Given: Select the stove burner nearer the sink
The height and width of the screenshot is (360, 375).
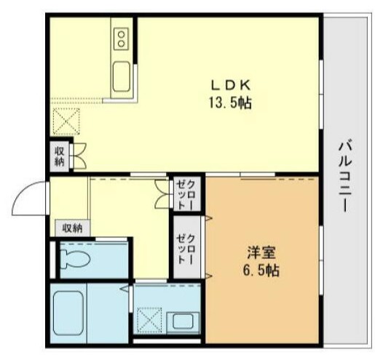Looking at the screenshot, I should (x=121, y=43).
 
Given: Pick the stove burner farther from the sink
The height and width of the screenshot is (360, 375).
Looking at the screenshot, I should (x=121, y=33).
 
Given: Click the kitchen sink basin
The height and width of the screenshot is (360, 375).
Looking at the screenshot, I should (x=121, y=75).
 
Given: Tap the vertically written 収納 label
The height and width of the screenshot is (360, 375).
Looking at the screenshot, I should (x=59, y=156).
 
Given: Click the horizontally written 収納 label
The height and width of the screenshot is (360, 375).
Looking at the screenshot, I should (x=72, y=228).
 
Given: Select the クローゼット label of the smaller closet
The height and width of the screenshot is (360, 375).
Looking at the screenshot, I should (x=181, y=193).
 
